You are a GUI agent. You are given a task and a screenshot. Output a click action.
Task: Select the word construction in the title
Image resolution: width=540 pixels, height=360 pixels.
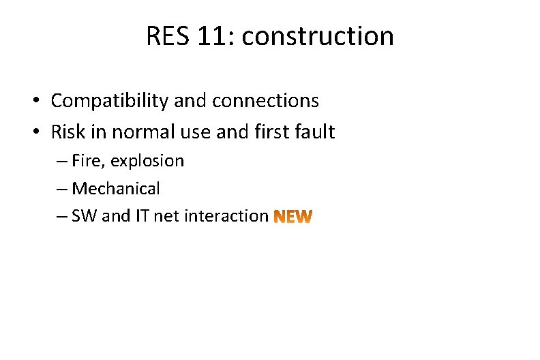pos(318,36)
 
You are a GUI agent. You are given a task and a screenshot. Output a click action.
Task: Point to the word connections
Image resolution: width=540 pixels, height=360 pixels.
pos(265,101)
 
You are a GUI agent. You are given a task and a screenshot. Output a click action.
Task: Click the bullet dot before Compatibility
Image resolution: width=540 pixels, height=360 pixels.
pos(34,102)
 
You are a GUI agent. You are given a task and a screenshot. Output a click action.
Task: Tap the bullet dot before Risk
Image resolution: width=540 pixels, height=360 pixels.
pos(34,132)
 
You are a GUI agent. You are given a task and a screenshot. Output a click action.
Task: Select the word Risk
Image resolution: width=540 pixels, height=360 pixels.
pos(70,132)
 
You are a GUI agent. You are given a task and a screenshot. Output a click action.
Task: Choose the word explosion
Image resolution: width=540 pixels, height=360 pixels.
pos(147,162)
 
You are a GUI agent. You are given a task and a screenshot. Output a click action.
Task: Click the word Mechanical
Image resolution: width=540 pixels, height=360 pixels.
pos(115,188)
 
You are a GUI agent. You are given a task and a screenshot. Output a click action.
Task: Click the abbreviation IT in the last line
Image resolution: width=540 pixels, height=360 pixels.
pos(142,216)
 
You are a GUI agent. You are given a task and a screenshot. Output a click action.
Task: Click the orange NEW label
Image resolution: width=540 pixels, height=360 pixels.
pos(293,217)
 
